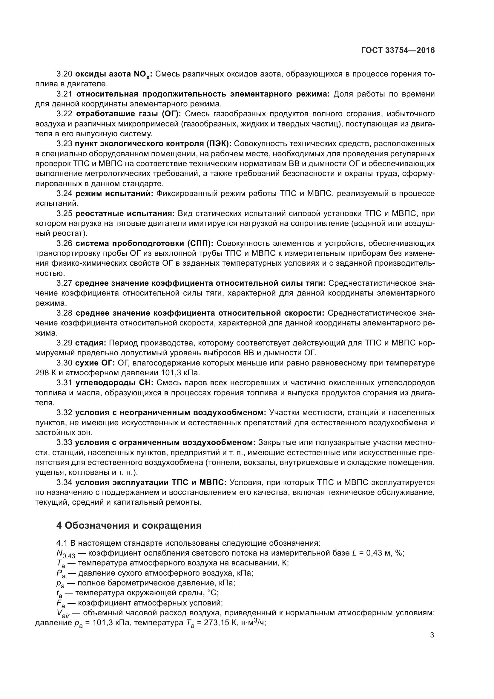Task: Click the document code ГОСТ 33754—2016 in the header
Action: pyautogui.click(x=398, y=50)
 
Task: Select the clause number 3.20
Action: pyautogui.click(x=64, y=74)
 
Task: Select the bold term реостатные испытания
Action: pyautogui.click(x=125, y=213)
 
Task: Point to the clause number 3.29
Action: pyautogui.click(x=64, y=343)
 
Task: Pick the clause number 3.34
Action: pyautogui.click(x=64, y=483)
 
